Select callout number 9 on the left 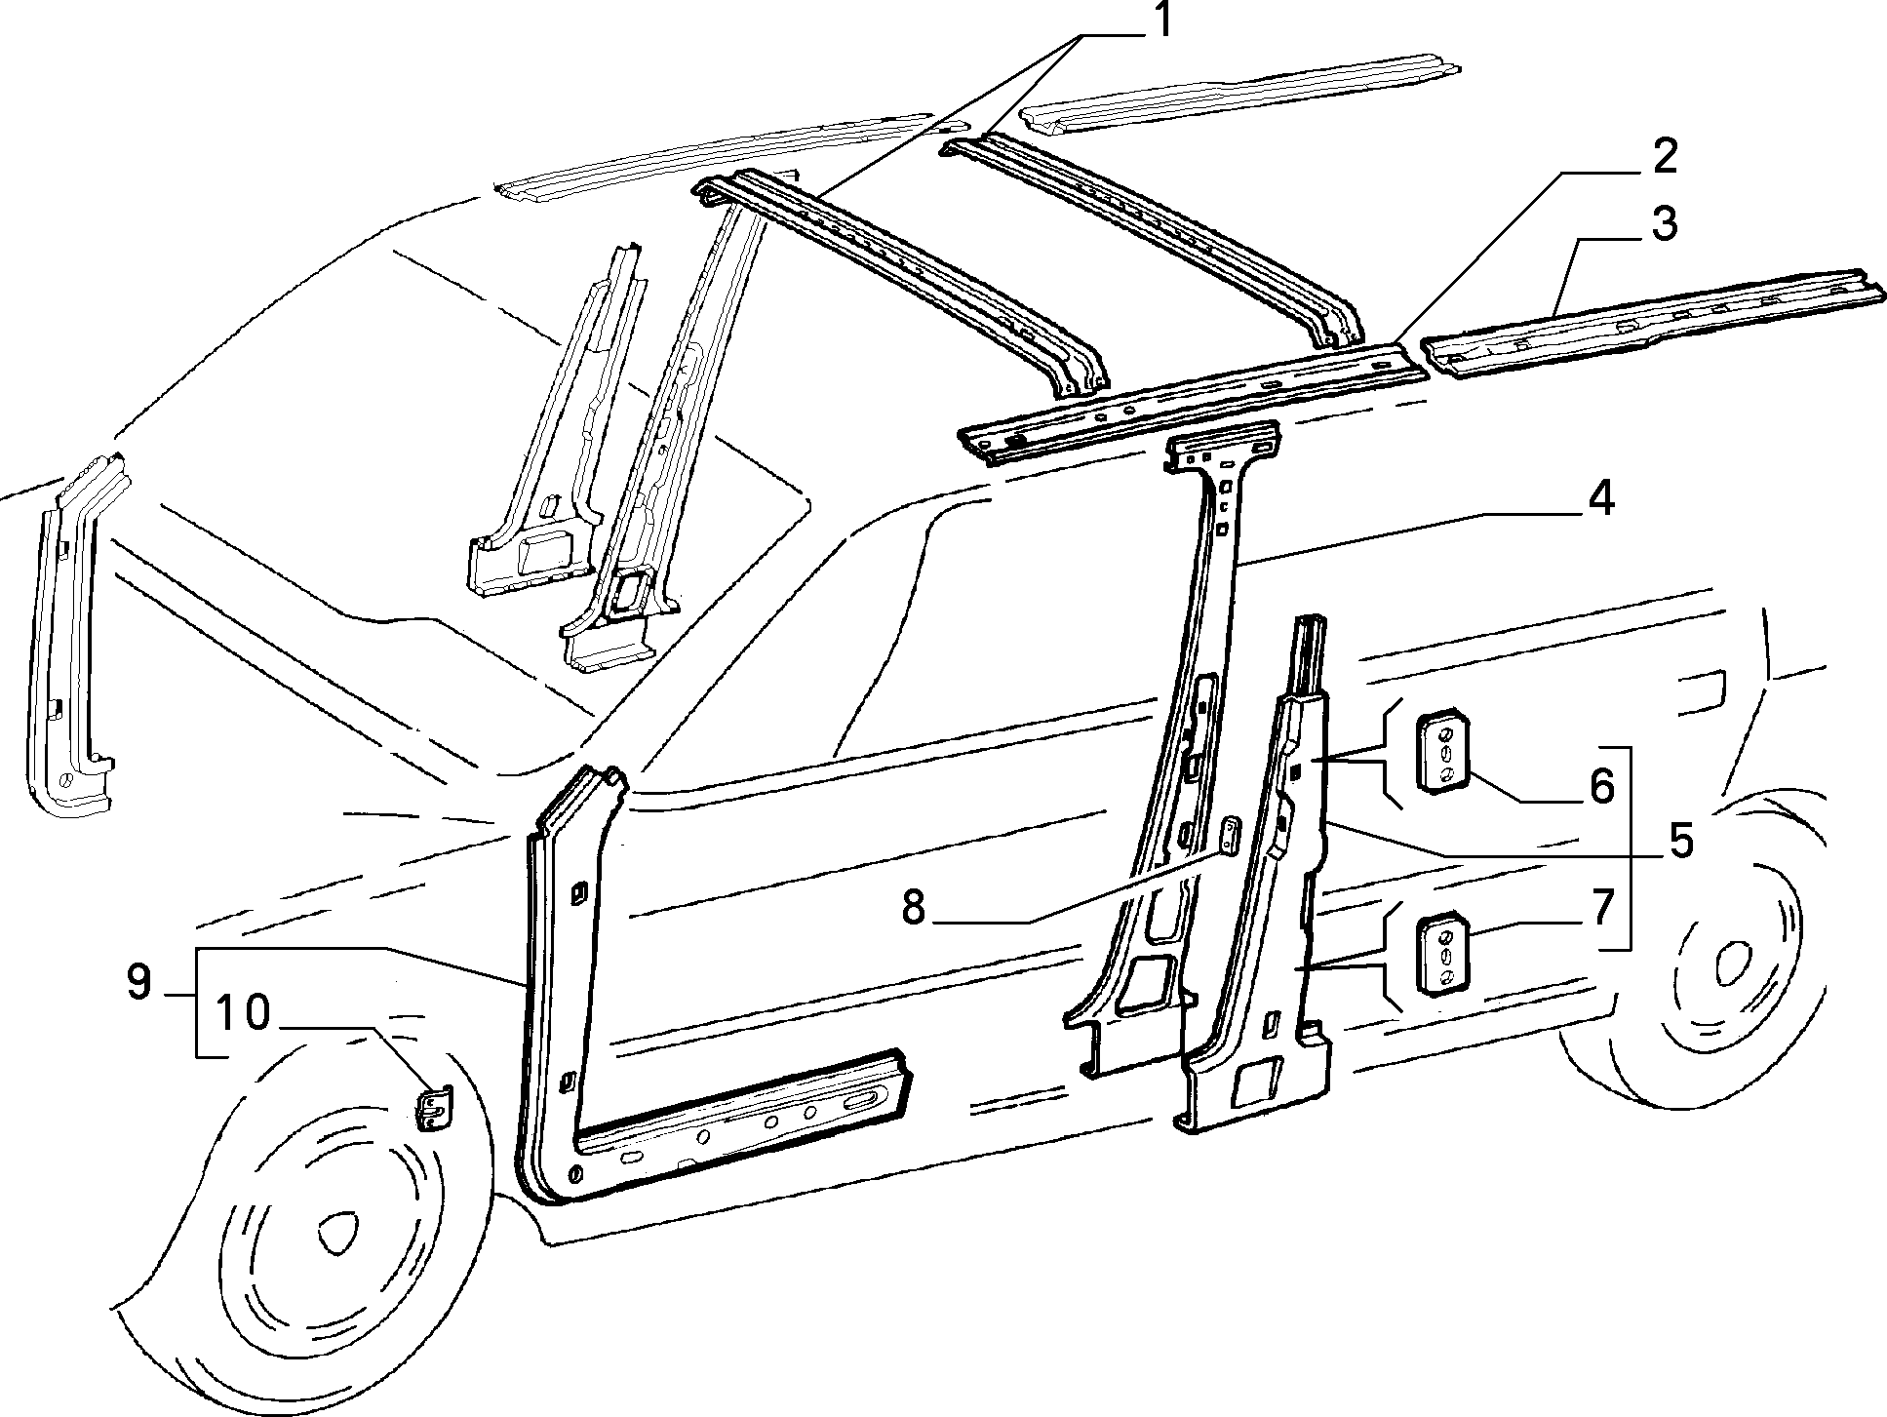coord(138,982)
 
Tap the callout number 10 coord(243,1013)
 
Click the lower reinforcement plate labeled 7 coord(1440,953)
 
